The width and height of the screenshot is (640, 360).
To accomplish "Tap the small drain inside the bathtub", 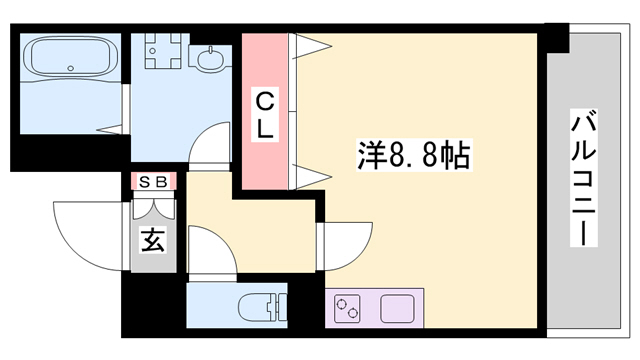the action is [70, 69].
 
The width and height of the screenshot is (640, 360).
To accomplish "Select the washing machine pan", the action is [160, 52].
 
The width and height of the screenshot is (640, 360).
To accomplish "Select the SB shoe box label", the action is [153, 181].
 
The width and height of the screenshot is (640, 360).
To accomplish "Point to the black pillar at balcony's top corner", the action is [556, 37].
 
